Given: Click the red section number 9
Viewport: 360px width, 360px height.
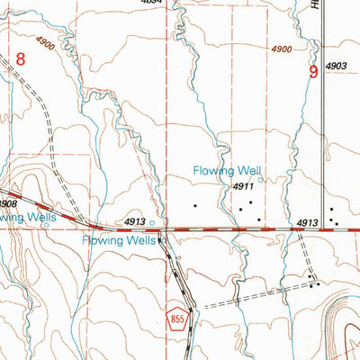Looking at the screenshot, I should click(x=313, y=72).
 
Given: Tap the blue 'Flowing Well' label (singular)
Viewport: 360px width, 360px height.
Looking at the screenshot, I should click(x=227, y=170).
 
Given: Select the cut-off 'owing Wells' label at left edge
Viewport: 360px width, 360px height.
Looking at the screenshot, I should click(x=28, y=217).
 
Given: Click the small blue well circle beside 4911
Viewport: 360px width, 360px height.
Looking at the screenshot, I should click(x=261, y=179).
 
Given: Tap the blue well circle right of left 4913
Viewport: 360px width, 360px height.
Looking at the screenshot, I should click(x=151, y=222).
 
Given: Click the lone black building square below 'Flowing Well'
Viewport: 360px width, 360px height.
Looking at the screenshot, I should click(x=195, y=206).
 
